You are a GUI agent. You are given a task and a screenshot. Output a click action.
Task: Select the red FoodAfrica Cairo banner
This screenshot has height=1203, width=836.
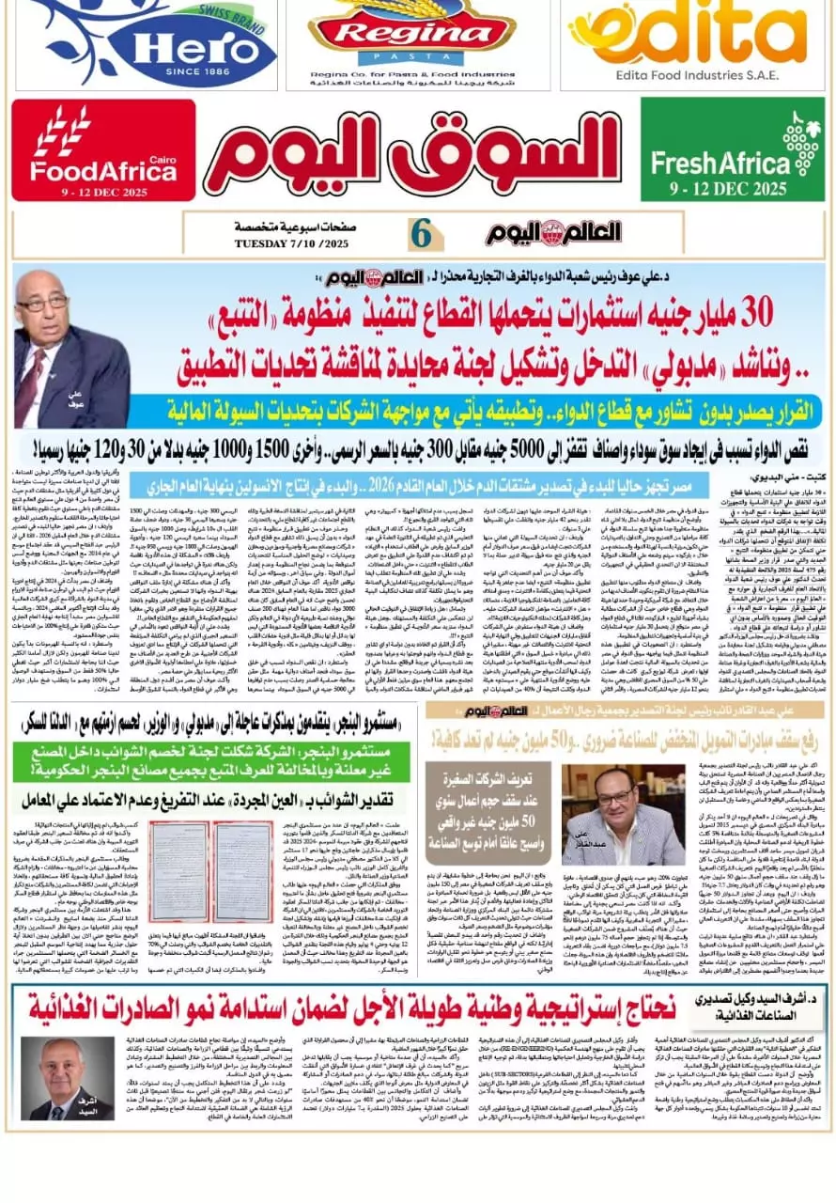pos(103,151)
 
